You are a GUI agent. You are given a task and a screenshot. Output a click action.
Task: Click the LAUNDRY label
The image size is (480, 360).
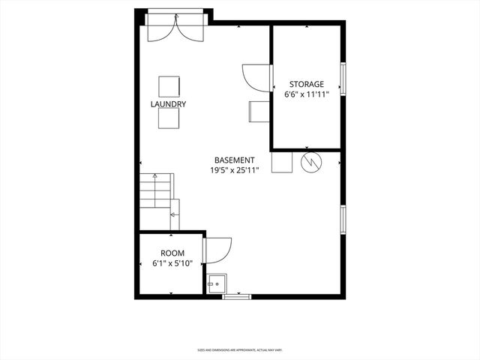[168, 104]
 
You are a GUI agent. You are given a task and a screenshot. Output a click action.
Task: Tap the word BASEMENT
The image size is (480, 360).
[235, 160]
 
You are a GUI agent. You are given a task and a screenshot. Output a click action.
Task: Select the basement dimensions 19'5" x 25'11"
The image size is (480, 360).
[235, 170]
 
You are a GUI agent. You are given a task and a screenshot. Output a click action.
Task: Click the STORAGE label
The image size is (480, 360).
[307, 84]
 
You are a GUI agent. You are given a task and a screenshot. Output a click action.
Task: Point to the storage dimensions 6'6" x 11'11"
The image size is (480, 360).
[307, 95]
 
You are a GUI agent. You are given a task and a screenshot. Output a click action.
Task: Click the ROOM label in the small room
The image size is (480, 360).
[172, 253]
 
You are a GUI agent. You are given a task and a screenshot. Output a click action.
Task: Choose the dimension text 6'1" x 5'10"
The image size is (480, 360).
[172, 263]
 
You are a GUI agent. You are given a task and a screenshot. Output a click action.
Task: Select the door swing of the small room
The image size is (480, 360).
[217, 250]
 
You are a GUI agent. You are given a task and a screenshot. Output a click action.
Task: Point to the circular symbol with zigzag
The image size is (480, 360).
[310, 162]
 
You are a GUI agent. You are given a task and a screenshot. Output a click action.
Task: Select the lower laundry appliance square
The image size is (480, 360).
[169, 119]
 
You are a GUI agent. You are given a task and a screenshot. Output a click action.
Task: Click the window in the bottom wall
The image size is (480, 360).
[236, 297]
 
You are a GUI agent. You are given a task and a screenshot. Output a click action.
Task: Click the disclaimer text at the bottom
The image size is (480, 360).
[239, 349]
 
